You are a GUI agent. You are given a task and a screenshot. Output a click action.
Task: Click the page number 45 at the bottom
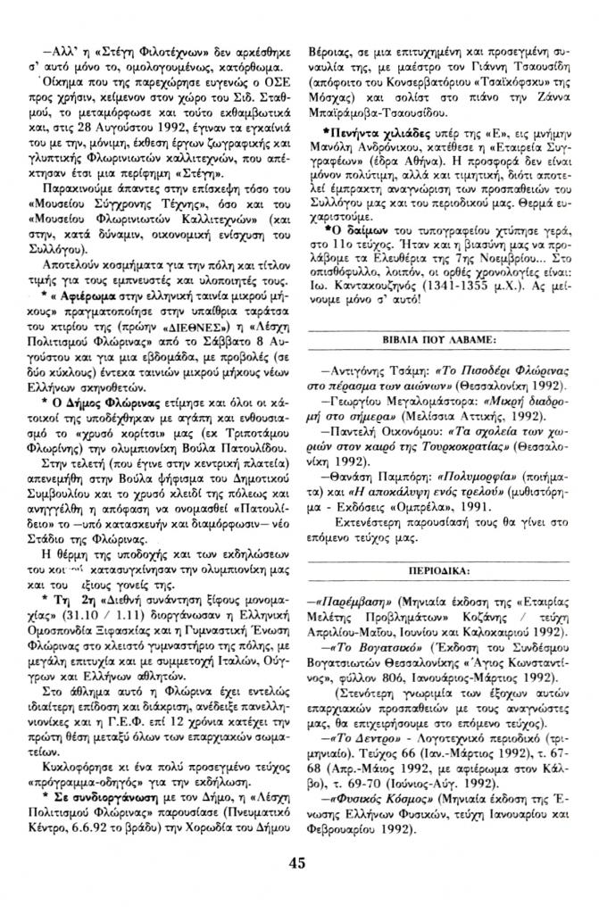coord(298,887)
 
